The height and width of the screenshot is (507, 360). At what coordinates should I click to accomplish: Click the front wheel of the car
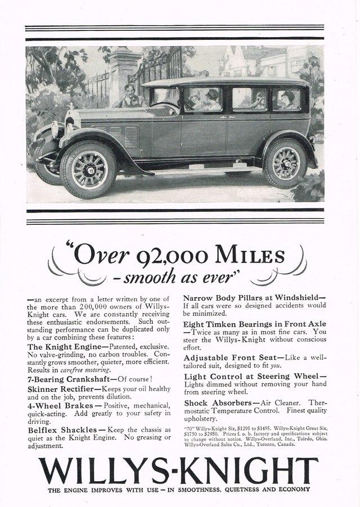click(89, 170)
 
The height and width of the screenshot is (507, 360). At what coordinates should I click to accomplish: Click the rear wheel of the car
click(286, 163)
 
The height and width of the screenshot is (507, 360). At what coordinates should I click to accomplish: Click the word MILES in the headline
click(250, 257)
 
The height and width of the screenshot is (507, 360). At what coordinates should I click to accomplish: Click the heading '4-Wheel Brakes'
click(57, 404)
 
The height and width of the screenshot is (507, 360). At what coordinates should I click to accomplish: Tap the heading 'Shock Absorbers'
click(218, 403)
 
